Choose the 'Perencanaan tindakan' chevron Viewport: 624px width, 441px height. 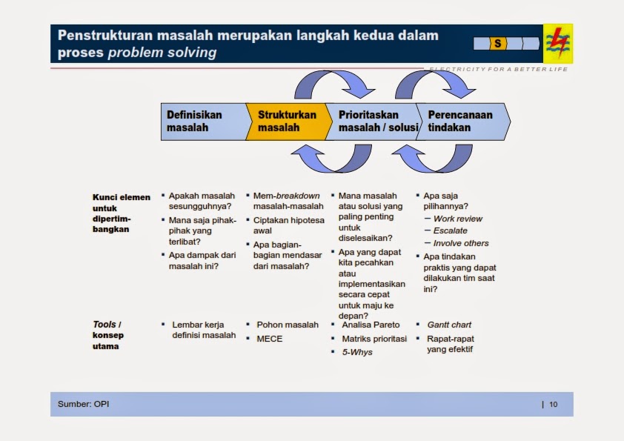pos(463,122)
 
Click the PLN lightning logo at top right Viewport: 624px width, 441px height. pos(557,43)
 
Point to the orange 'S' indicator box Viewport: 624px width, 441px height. pos(497,44)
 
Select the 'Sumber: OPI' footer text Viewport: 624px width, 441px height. pos(84,404)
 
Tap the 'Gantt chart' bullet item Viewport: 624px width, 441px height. pos(449,325)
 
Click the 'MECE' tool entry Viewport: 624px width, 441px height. pos(269,339)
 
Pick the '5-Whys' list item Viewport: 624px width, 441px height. pos(357,352)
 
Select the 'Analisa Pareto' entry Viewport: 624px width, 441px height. pos(371,325)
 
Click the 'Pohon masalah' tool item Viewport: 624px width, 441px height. pos(288,325)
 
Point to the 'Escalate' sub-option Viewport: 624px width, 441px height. pos(451,231)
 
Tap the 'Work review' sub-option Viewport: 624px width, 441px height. pos(457,219)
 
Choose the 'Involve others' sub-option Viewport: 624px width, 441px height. pos(461,243)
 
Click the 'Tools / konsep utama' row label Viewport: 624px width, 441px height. pos(108,335)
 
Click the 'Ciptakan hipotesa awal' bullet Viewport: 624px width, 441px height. pos(288,225)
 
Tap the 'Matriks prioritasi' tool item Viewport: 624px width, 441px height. pos(374,339)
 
